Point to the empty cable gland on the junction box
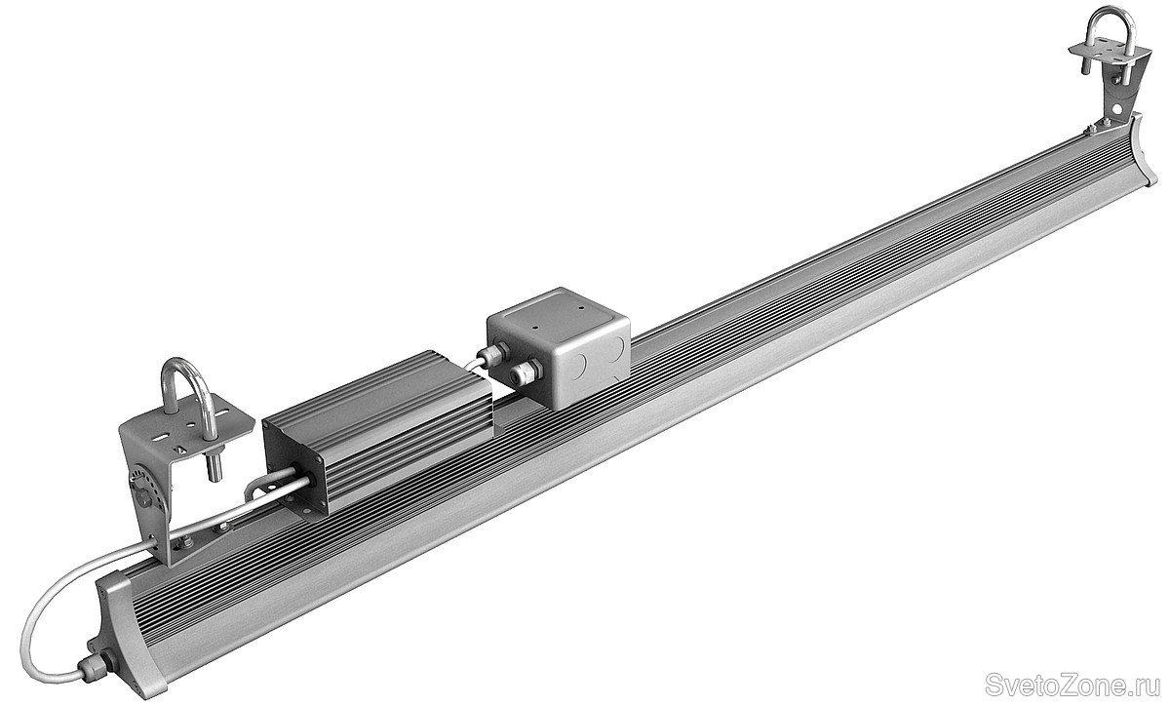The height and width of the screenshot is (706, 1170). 526,373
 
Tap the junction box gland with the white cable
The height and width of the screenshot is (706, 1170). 493,354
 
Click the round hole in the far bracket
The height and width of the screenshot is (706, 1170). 1116,108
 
